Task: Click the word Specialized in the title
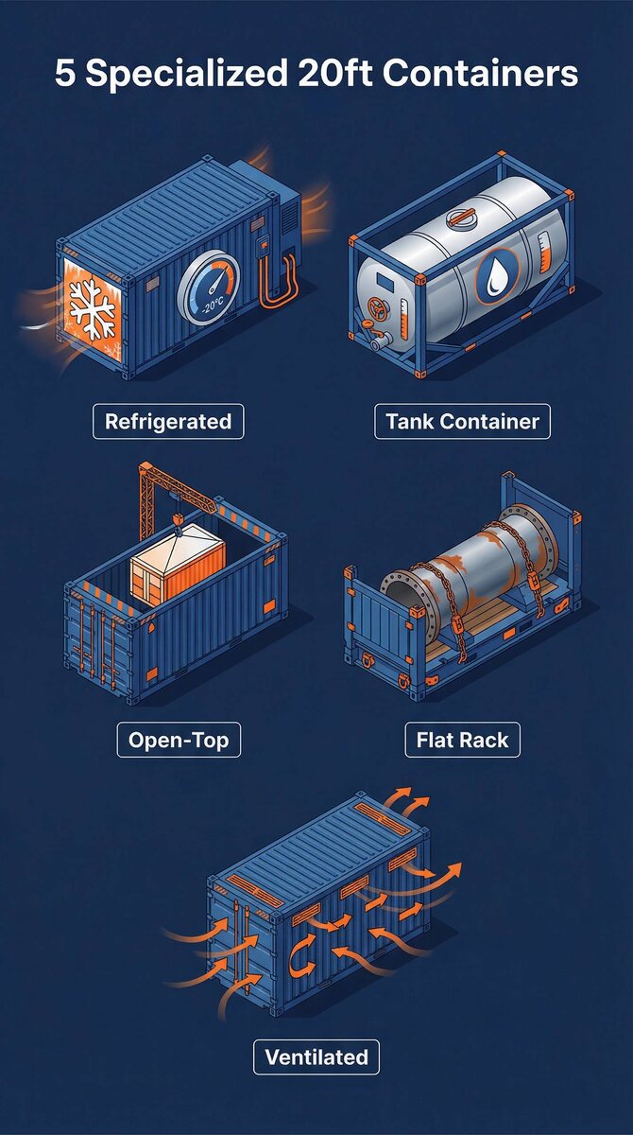187,74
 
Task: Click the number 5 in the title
64,73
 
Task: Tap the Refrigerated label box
168,422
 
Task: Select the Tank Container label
462,422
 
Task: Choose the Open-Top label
179,740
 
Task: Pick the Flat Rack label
463,740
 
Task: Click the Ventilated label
316,1057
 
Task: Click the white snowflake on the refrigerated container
92,309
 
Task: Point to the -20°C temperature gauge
209,289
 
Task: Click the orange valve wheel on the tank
376,308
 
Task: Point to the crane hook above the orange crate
177,520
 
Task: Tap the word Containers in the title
480,74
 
